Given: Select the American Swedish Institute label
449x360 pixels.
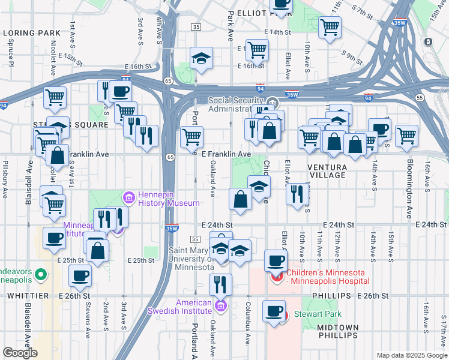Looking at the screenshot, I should click(179, 306).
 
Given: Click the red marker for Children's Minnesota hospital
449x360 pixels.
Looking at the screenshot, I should click(277, 277).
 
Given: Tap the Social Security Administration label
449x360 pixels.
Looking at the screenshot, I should click(236, 104).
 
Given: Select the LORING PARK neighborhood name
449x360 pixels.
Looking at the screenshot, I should click(31, 32).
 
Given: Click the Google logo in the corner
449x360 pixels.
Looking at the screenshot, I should click(20, 353).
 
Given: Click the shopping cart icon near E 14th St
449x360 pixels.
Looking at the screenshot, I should click(330, 26).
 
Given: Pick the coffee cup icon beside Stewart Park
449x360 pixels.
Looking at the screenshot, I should click(274, 311).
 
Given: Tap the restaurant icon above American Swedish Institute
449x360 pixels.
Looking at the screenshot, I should click(220, 283).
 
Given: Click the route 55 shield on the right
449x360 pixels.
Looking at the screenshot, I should click(420, 97).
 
